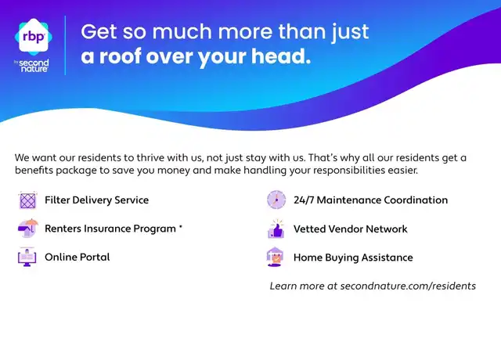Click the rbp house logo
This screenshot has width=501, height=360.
[34, 37]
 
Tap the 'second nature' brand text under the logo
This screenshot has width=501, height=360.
[34, 66]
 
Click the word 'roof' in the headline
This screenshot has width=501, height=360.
[119, 56]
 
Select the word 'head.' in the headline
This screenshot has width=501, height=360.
[281, 56]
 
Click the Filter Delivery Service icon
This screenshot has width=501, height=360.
[27, 200]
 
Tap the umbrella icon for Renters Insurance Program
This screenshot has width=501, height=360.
[28, 228]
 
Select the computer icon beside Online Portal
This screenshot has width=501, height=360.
[27, 257]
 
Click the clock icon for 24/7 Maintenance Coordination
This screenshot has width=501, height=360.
[276, 200]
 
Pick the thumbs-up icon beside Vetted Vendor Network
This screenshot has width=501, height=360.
[276, 229]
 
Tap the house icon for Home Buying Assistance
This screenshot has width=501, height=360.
[275, 257]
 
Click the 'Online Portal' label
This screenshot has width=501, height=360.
[77, 257]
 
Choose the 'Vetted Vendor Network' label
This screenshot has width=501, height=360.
[351, 229]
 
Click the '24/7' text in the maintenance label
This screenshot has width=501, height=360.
[304, 200]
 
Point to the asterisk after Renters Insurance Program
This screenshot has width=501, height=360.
[181, 227]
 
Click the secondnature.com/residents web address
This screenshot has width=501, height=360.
[408, 286]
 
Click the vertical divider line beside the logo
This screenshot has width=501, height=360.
[65, 45]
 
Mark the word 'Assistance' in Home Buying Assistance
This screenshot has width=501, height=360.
[387, 257]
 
